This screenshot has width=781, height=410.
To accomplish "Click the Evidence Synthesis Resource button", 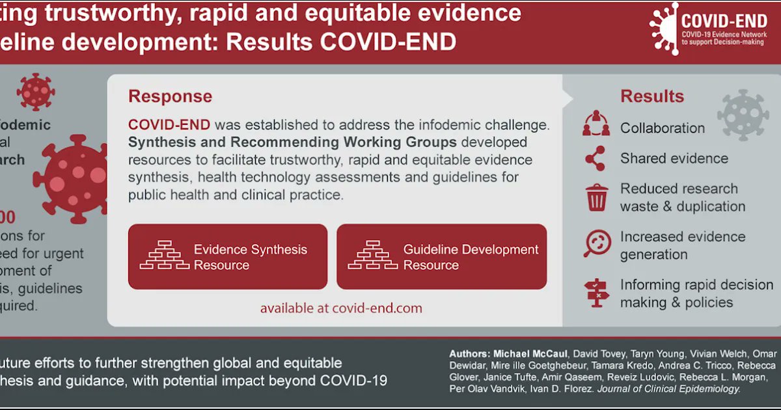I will tap(227, 257).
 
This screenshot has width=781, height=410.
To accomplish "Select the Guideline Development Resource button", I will tap(441, 257).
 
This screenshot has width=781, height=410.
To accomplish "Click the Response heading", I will tap(170, 96).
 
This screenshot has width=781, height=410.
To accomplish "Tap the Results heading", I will tap(652, 96).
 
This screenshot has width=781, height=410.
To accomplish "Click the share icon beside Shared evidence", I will tap(596, 158).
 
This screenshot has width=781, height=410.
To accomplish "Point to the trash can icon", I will tap(597, 197).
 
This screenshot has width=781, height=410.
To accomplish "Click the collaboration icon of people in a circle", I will tap(596, 124).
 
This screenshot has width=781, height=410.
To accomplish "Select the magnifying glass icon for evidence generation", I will tap(596, 245).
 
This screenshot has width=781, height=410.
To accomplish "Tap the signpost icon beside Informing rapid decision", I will tap(596, 293).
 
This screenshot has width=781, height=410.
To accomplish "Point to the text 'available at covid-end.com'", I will tap(341, 308).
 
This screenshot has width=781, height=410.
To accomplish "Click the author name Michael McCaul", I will tap(528, 353).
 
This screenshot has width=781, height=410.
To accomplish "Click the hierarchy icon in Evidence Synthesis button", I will tap(164, 256).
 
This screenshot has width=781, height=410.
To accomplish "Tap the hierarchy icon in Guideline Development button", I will tap(373, 256).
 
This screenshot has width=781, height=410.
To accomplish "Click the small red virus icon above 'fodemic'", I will tap(36, 91).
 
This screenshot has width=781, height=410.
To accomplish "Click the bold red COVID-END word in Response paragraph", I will tap(169, 124).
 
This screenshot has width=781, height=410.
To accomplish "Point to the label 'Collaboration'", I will tap(662, 128).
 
